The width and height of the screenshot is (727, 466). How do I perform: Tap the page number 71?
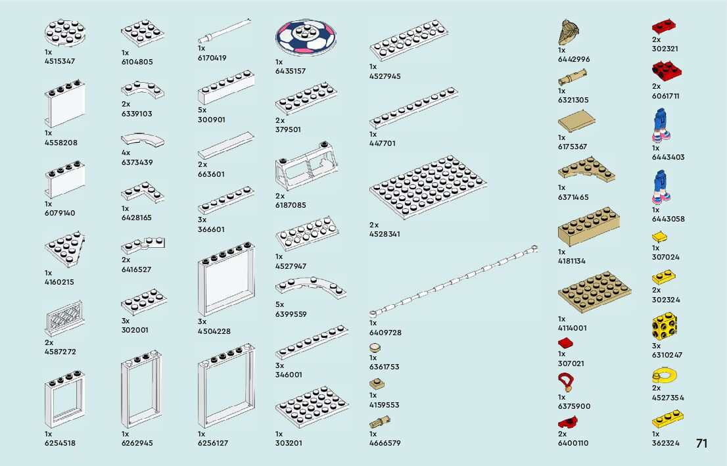pyautogui.click(x=702, y=444)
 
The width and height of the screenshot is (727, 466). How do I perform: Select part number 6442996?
pyautogui.click(x=574, y=59)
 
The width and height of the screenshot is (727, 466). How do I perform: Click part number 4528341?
pyautogui.click(x=385, y=234)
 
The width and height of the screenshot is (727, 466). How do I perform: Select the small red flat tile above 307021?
pyautogui.click(x=565, y=343)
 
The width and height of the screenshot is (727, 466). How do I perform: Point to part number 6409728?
pyautogui.click(x=385, y=333)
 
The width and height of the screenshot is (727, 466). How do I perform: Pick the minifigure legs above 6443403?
pyautogui.click(x=660, y=126)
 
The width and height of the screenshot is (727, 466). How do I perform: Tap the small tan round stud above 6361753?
pyautogui.click(x=375, y=348)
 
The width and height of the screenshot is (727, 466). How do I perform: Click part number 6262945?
pyautogui.click(x=137, y=443)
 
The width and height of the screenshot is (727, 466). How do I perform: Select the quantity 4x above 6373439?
pyautogui.click(x=126, y=152)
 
